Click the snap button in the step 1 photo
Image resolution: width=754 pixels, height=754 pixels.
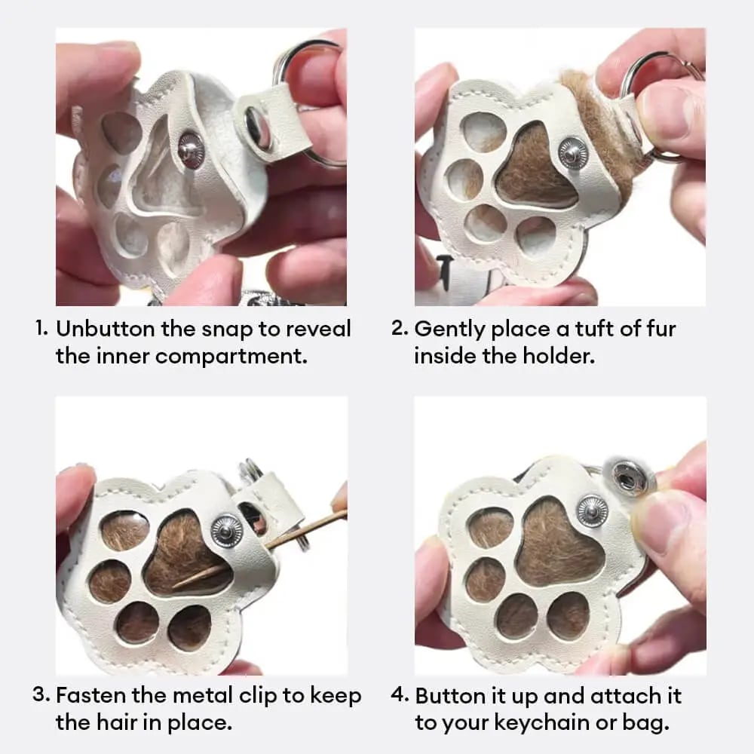tap(192, 150)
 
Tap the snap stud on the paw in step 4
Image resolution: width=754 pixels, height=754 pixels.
tap(593, 510)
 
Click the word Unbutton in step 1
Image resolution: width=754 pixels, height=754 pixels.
tap(106, 329)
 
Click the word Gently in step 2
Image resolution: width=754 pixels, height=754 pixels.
tap(449, 330)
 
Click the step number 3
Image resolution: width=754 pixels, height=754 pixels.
tap(41, 695)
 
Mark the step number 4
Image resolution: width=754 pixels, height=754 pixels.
tap(400, 695)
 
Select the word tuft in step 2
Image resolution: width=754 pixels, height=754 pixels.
tap(593, 329)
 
